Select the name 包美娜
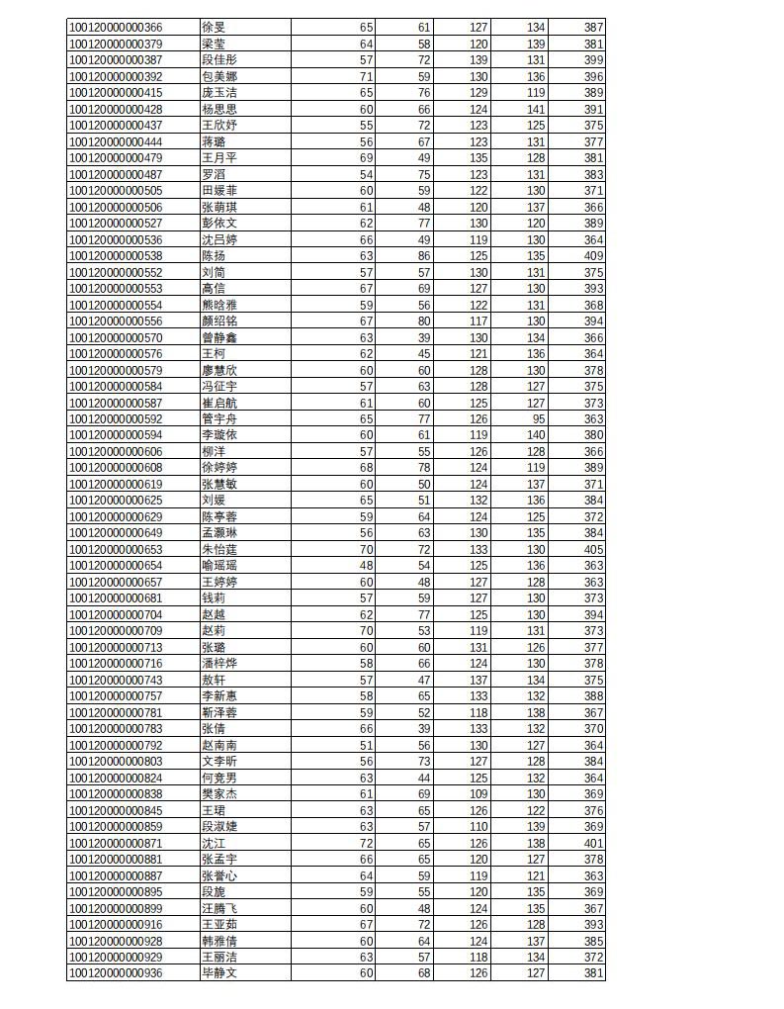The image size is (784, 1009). (219, 76)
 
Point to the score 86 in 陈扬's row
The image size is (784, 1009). (423, 256)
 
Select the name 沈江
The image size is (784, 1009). (214, 844)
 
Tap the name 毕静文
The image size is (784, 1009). (219, 974)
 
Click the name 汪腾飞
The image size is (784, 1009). (219, 909)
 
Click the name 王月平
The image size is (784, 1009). (219, 158)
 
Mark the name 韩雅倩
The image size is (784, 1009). (219, 942)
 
